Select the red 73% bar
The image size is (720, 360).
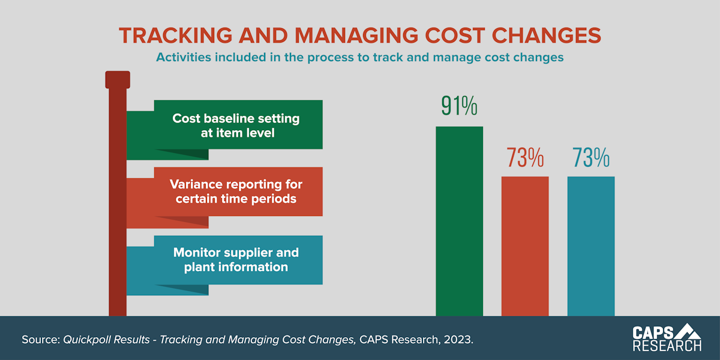coord(525,246)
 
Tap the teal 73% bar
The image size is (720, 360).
coord(591,246)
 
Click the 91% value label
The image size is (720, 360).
coord(459,106)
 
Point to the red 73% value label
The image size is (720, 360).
coord(525,157)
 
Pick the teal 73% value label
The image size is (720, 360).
coord(591,157)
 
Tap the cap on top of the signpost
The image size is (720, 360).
coord(118,80)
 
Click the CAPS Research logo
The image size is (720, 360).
coord(667,338)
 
